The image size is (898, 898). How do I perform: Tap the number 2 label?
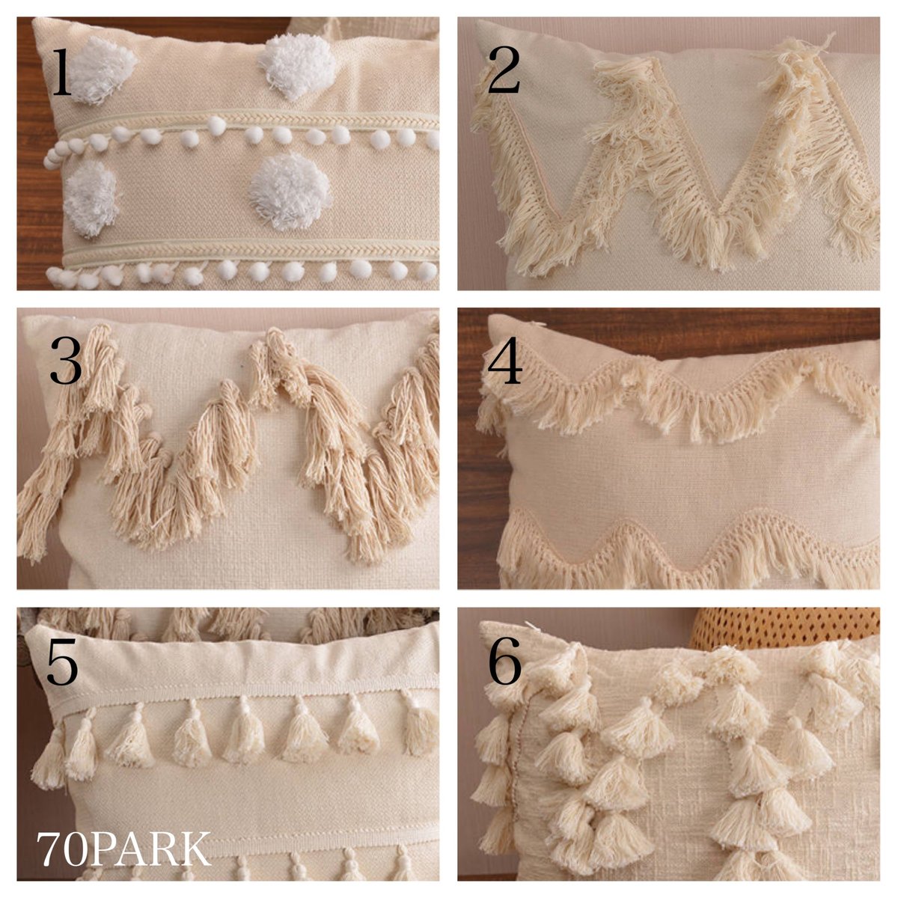click(x=504, y=73)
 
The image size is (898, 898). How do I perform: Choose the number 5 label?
click(x=62, y=662)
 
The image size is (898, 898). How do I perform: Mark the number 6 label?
click(x=504, y=662)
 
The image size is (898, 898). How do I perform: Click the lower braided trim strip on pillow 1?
click(x=247, y=251)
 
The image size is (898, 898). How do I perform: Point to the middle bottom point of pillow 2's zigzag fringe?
click(x=722, y=224)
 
